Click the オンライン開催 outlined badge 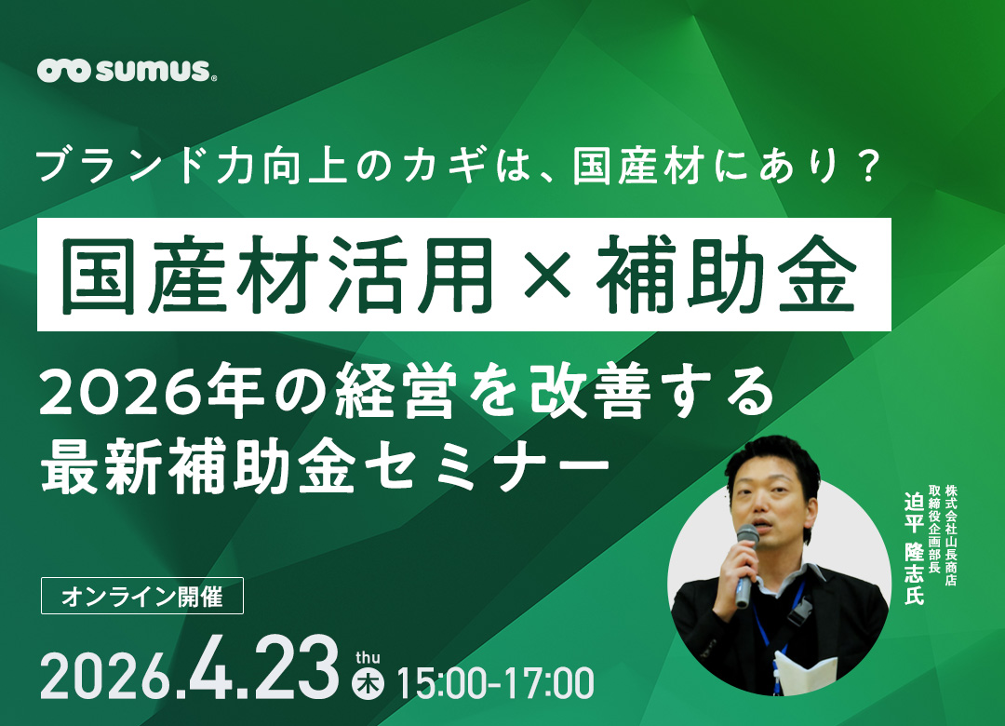[142, 597]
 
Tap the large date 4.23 [264, 667]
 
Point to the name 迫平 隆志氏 [913, 549]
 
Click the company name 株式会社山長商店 [950, 534]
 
